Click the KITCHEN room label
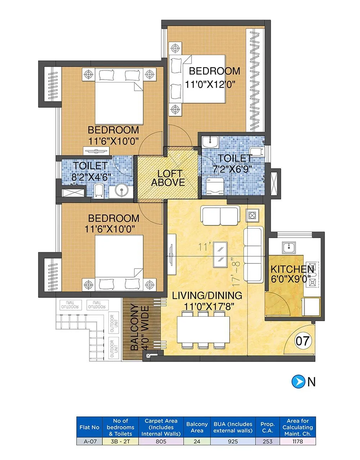292,269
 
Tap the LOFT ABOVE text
168,178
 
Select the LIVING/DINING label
207,296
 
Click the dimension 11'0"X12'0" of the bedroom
210,85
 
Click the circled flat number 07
303,340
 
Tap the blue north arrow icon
297,382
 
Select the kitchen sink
288,247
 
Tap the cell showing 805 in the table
161,441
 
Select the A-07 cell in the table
89,441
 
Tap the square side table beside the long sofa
252,216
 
